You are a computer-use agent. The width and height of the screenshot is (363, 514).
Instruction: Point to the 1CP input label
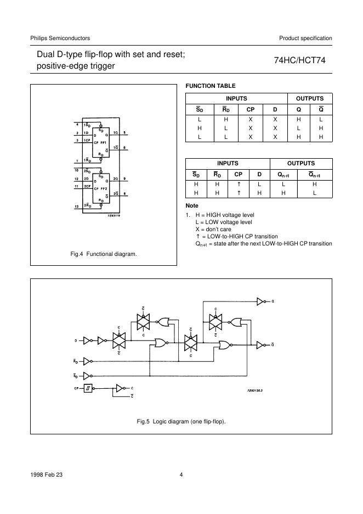[87, 141]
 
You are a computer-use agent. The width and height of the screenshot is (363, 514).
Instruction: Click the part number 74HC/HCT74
[303, 62]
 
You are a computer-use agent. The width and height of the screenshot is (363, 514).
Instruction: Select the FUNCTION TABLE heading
[211, 86]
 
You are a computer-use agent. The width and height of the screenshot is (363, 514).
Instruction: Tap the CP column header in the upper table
[250, 109]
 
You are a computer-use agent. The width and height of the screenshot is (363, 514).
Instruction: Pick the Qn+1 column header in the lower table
[283, 175]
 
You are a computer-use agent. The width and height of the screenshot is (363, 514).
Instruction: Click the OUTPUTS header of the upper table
[310, 99]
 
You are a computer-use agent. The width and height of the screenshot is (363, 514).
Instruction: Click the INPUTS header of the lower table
[228, 164]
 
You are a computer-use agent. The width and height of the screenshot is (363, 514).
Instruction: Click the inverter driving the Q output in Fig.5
[260, 301]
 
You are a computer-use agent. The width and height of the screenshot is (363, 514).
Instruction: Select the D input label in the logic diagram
[76, 341]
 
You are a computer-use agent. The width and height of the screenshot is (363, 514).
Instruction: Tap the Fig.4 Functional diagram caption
[104, 254]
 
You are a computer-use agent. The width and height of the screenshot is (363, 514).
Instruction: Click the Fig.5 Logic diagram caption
[181, 421]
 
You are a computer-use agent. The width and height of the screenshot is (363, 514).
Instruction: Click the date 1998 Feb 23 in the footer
[47, 475]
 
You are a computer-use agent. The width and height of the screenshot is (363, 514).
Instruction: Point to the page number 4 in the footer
[181, 475]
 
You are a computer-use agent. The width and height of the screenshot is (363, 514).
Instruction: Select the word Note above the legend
[192, 205]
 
